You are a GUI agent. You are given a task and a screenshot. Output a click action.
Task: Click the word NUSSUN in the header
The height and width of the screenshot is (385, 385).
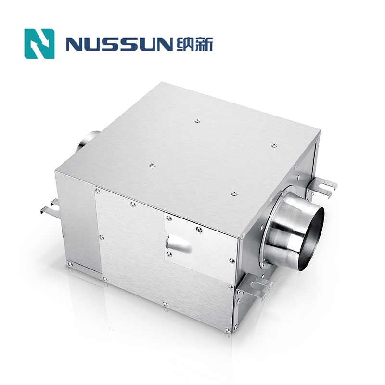point(118,44)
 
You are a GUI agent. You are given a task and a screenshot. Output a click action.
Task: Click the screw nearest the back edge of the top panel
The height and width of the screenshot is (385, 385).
point(197,121)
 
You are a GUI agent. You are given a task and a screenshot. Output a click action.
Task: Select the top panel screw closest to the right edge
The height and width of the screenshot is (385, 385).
point(274,145)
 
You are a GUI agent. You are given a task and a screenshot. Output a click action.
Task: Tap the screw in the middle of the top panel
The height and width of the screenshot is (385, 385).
point(152,166)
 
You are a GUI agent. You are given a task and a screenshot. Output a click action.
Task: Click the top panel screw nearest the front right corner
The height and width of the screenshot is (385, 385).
point(234,193)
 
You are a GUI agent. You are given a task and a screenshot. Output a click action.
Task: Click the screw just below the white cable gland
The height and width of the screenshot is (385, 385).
point(169,254)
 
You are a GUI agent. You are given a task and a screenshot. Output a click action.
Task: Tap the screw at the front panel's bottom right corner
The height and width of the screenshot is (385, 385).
point(228,330)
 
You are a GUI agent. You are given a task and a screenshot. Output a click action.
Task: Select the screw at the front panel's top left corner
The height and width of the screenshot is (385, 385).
point(98,191)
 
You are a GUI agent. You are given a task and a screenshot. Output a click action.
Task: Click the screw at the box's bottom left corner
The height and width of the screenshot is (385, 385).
point(70,263)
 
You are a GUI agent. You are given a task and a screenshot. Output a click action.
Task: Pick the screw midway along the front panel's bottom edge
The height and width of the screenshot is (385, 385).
point(165,304)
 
